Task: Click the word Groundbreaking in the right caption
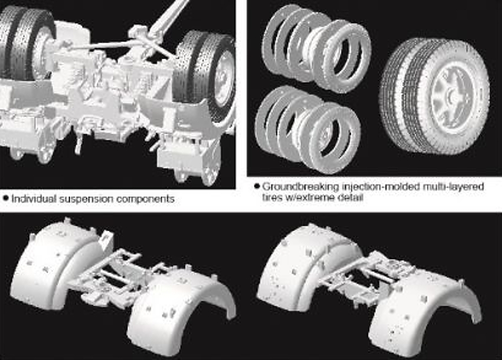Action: [301, 187]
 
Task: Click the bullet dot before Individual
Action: [5, 199]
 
